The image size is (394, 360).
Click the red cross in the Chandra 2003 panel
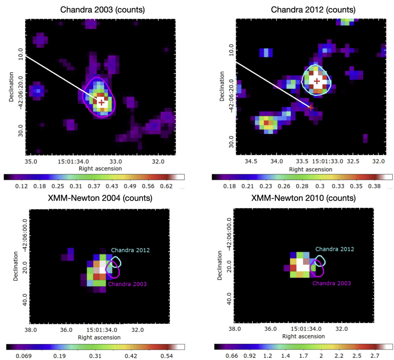pyautogui.click(x=102, y=102)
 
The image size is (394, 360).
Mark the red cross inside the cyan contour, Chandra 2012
pyautogui.click(x=317, y=82)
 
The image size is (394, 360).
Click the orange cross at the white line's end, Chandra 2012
pyautogui.click(x=311, y=107)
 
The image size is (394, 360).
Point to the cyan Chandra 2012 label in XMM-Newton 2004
pyautogui.click(x=130, y=250)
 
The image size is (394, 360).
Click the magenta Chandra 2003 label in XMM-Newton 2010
pyautogui.click(x=332, y=283)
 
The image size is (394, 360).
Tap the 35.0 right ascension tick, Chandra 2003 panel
pyautogui.click(x=31, y=161)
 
